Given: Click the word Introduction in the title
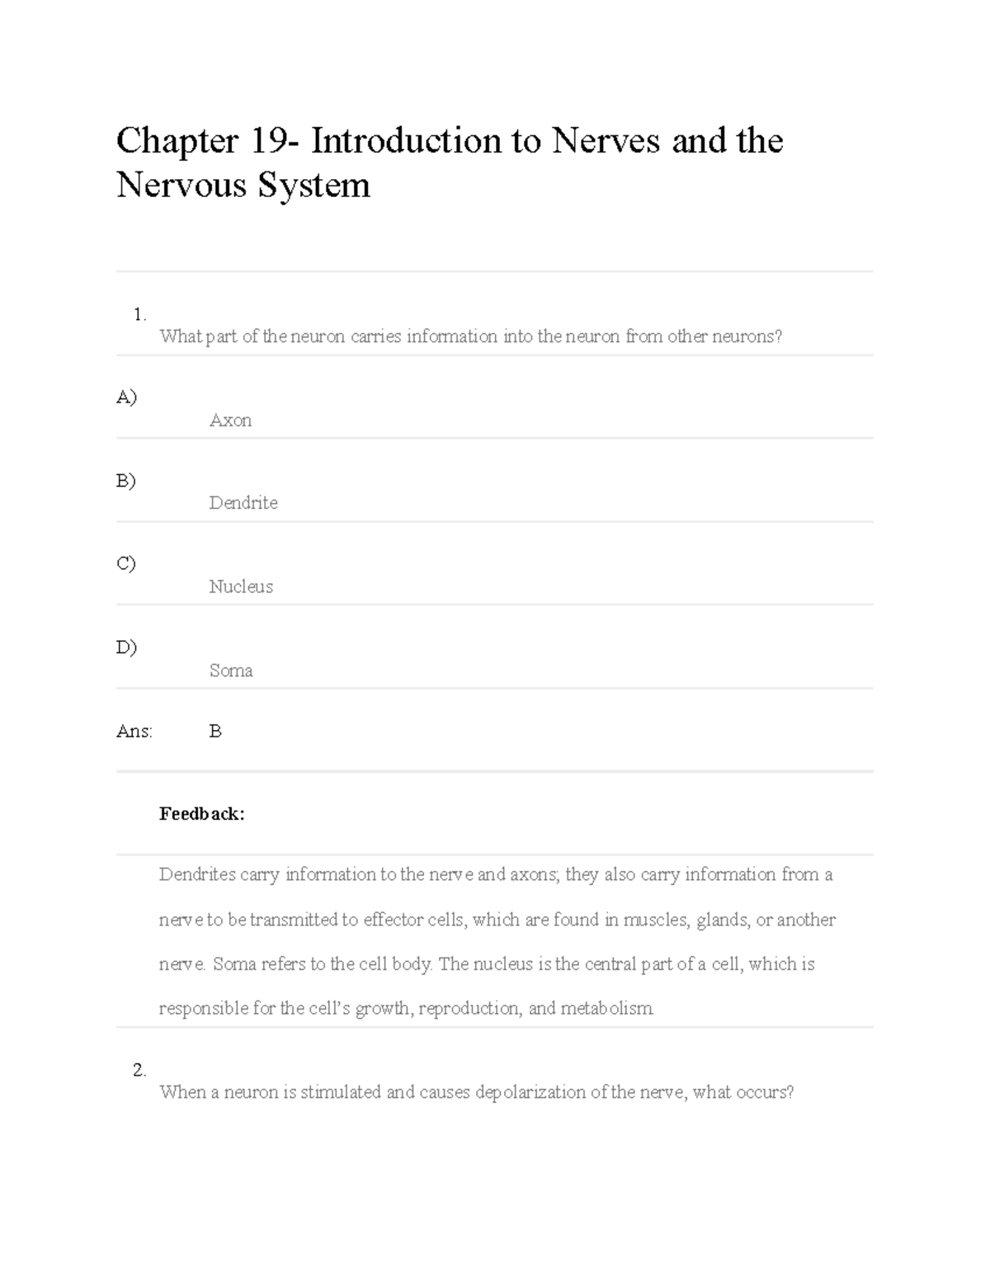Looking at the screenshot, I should [406, 141].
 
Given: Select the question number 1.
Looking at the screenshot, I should [139, 313].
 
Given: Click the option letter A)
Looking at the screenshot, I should [126, 397].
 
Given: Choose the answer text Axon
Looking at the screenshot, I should [230, 421].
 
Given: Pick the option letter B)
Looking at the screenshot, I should [126, 480].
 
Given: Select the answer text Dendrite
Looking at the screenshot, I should [243, 503].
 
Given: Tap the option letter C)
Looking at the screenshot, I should [126, 563].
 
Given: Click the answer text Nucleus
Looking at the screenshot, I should [241, 586].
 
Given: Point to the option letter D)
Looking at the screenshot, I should [126, 647].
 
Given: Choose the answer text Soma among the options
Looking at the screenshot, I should [231, 671].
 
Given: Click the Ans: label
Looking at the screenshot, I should [134, 731].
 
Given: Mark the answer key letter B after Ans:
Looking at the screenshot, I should [215, 731].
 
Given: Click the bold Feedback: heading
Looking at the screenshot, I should [201, 814].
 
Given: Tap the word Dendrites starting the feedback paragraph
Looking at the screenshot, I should [197, 874].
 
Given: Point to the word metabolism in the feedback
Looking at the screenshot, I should [606, 1008].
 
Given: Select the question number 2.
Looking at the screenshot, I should [139, 1070].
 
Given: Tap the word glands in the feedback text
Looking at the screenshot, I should [722, 920].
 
